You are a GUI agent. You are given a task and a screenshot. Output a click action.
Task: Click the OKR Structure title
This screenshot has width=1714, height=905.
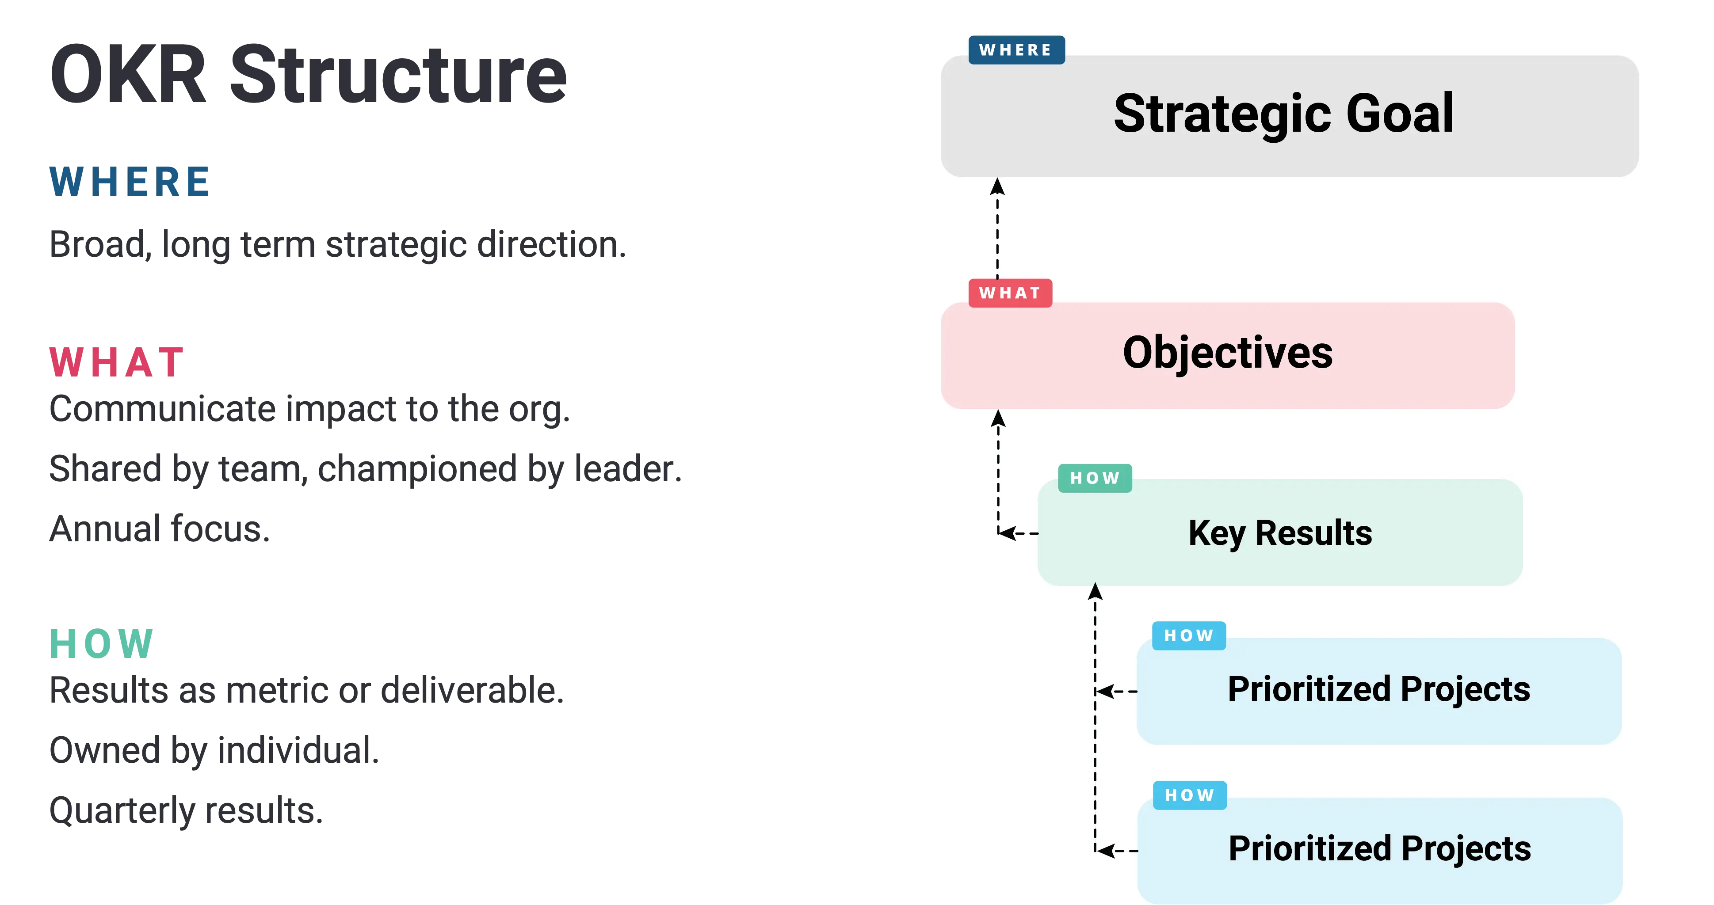[x=308, y=75]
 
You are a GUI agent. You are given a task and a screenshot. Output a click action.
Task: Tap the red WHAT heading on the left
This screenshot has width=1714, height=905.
[x=116, y=362]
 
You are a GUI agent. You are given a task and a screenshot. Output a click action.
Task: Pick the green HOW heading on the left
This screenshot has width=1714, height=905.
[x=102, y=644]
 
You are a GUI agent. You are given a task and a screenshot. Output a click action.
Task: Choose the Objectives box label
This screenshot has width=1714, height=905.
[x=1228, y=353]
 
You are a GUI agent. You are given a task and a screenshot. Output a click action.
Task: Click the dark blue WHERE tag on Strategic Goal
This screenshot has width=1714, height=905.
[x=1016, y=50]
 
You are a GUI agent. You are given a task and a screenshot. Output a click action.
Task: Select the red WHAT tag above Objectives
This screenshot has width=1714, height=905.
[x=1010, y=293]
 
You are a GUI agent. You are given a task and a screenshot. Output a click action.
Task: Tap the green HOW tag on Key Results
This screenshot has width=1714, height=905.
[x=1095, y=478]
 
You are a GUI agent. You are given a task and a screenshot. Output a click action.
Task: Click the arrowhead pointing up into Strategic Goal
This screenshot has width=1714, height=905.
[x=997, y=186]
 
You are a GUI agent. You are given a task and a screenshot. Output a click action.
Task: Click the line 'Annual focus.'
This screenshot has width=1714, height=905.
[x=160, y=529]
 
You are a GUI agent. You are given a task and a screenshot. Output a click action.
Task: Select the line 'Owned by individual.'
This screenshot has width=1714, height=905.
[x=214, y=751]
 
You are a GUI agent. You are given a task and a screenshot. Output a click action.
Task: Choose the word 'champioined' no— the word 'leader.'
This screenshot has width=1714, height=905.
[x=628, y=469]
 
